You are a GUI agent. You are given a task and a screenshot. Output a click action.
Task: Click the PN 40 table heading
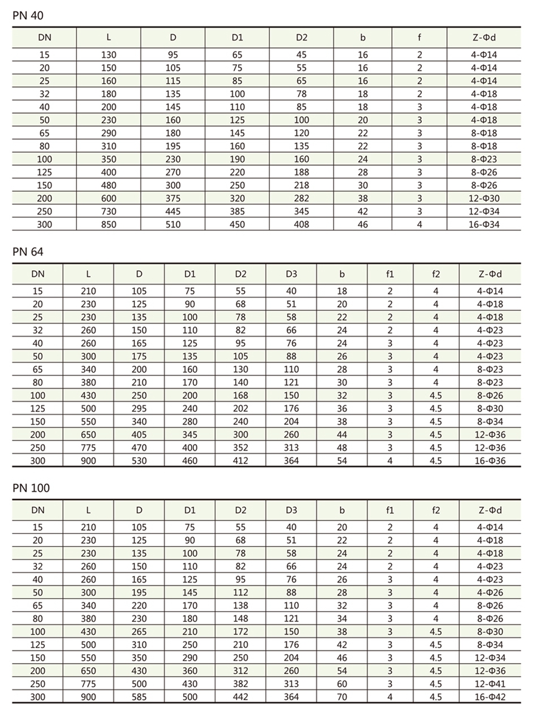tap(27, 15)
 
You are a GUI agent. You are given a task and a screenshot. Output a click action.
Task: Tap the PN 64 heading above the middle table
tap(27, 252)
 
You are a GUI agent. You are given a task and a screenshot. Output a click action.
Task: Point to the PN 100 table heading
tap(30, 488)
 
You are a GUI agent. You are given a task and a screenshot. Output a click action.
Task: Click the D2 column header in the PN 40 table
tap(301, 38)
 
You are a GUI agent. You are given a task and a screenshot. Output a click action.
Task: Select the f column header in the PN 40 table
tap(419, 38)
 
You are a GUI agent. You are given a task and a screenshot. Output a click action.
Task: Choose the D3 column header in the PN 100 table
tap(291, 510)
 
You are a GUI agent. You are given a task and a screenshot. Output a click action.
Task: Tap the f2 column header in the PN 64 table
tap(436, 274)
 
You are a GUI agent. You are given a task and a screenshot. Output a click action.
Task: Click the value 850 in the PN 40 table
tap(109, 224)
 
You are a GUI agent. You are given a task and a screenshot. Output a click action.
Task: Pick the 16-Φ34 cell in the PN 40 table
tap(484, 224)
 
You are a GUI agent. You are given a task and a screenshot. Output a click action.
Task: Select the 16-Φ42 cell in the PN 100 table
tap(490, 697)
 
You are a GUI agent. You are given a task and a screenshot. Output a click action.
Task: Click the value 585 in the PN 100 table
tap(138, 697)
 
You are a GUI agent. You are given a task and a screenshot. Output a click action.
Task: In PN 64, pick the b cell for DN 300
tap(342, 461)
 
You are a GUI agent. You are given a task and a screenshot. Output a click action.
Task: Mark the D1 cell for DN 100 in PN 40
tap(237, 159)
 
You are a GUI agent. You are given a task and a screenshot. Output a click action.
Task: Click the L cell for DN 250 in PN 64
tap(88, 448)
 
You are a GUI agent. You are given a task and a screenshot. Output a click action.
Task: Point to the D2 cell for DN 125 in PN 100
tap(240, 645)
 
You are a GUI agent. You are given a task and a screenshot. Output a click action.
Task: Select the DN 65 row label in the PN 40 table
tap(45, 133)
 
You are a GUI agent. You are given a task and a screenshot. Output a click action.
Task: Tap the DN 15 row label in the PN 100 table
tap(38, 527)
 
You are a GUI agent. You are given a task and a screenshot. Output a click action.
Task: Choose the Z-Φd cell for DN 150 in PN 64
tap(490, 421)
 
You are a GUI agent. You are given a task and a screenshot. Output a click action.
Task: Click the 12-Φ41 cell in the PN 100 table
tap(490, 683)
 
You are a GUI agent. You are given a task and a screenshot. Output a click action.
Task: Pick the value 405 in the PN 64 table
tap(138, 435)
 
